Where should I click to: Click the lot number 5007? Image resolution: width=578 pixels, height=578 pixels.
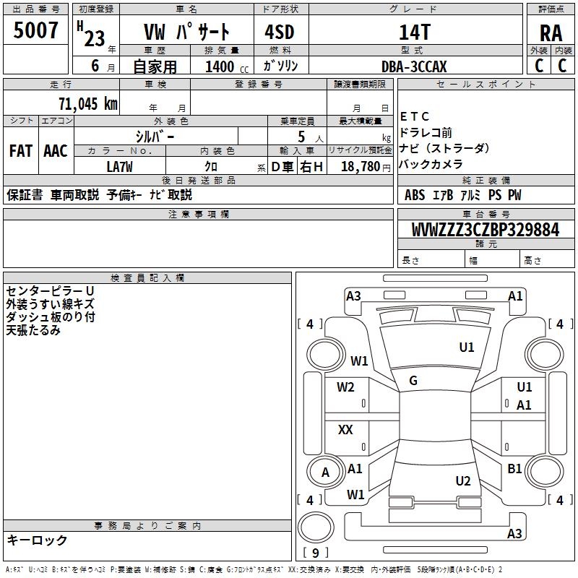(x=35, y=30)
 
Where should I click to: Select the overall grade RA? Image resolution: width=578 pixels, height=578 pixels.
(x=551, y=33)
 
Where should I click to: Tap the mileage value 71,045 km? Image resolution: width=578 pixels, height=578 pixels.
(x=88, y=104)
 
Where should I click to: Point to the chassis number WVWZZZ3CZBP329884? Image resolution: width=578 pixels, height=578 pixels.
(x=486, y=230)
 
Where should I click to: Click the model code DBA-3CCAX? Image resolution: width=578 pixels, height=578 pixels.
(x=414, y=66)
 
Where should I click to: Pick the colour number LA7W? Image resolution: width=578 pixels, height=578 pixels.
(x=119, y=167)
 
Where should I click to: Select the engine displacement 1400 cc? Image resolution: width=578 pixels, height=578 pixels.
(x=227, y=66)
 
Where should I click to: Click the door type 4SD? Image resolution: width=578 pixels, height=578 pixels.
(x=280, y=32)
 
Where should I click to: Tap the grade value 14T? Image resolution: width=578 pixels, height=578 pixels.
(x=415, y=33)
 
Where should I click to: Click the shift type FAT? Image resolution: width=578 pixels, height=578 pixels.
(x=21, y=151)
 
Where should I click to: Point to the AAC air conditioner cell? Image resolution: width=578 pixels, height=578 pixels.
(x=56, y=151)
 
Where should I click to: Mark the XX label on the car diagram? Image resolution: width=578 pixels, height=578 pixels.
(x=345, y=429)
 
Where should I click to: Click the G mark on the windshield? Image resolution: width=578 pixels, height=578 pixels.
(x=413, y=381)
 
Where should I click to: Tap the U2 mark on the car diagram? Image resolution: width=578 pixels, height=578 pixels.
(x=463, y=481)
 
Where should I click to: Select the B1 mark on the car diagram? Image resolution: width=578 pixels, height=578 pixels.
(x=514, y=468)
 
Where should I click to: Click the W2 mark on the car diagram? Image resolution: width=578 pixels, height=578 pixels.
(x=345, y=387)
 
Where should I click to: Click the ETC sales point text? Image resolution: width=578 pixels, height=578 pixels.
(x=414, y=116)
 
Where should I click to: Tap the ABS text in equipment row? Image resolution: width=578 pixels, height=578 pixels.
(x=415, y=194)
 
